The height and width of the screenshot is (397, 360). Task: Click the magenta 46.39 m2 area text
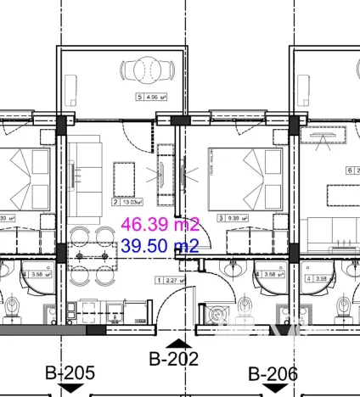click(160, 226)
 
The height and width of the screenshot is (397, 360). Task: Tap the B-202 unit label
click(173, 359)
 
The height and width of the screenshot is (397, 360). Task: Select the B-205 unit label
click(70, 372)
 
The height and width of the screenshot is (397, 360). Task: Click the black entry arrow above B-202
click(179, 343)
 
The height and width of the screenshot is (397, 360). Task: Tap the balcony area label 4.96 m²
click(149, 98)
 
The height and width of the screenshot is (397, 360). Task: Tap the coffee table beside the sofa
click(126, 176)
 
